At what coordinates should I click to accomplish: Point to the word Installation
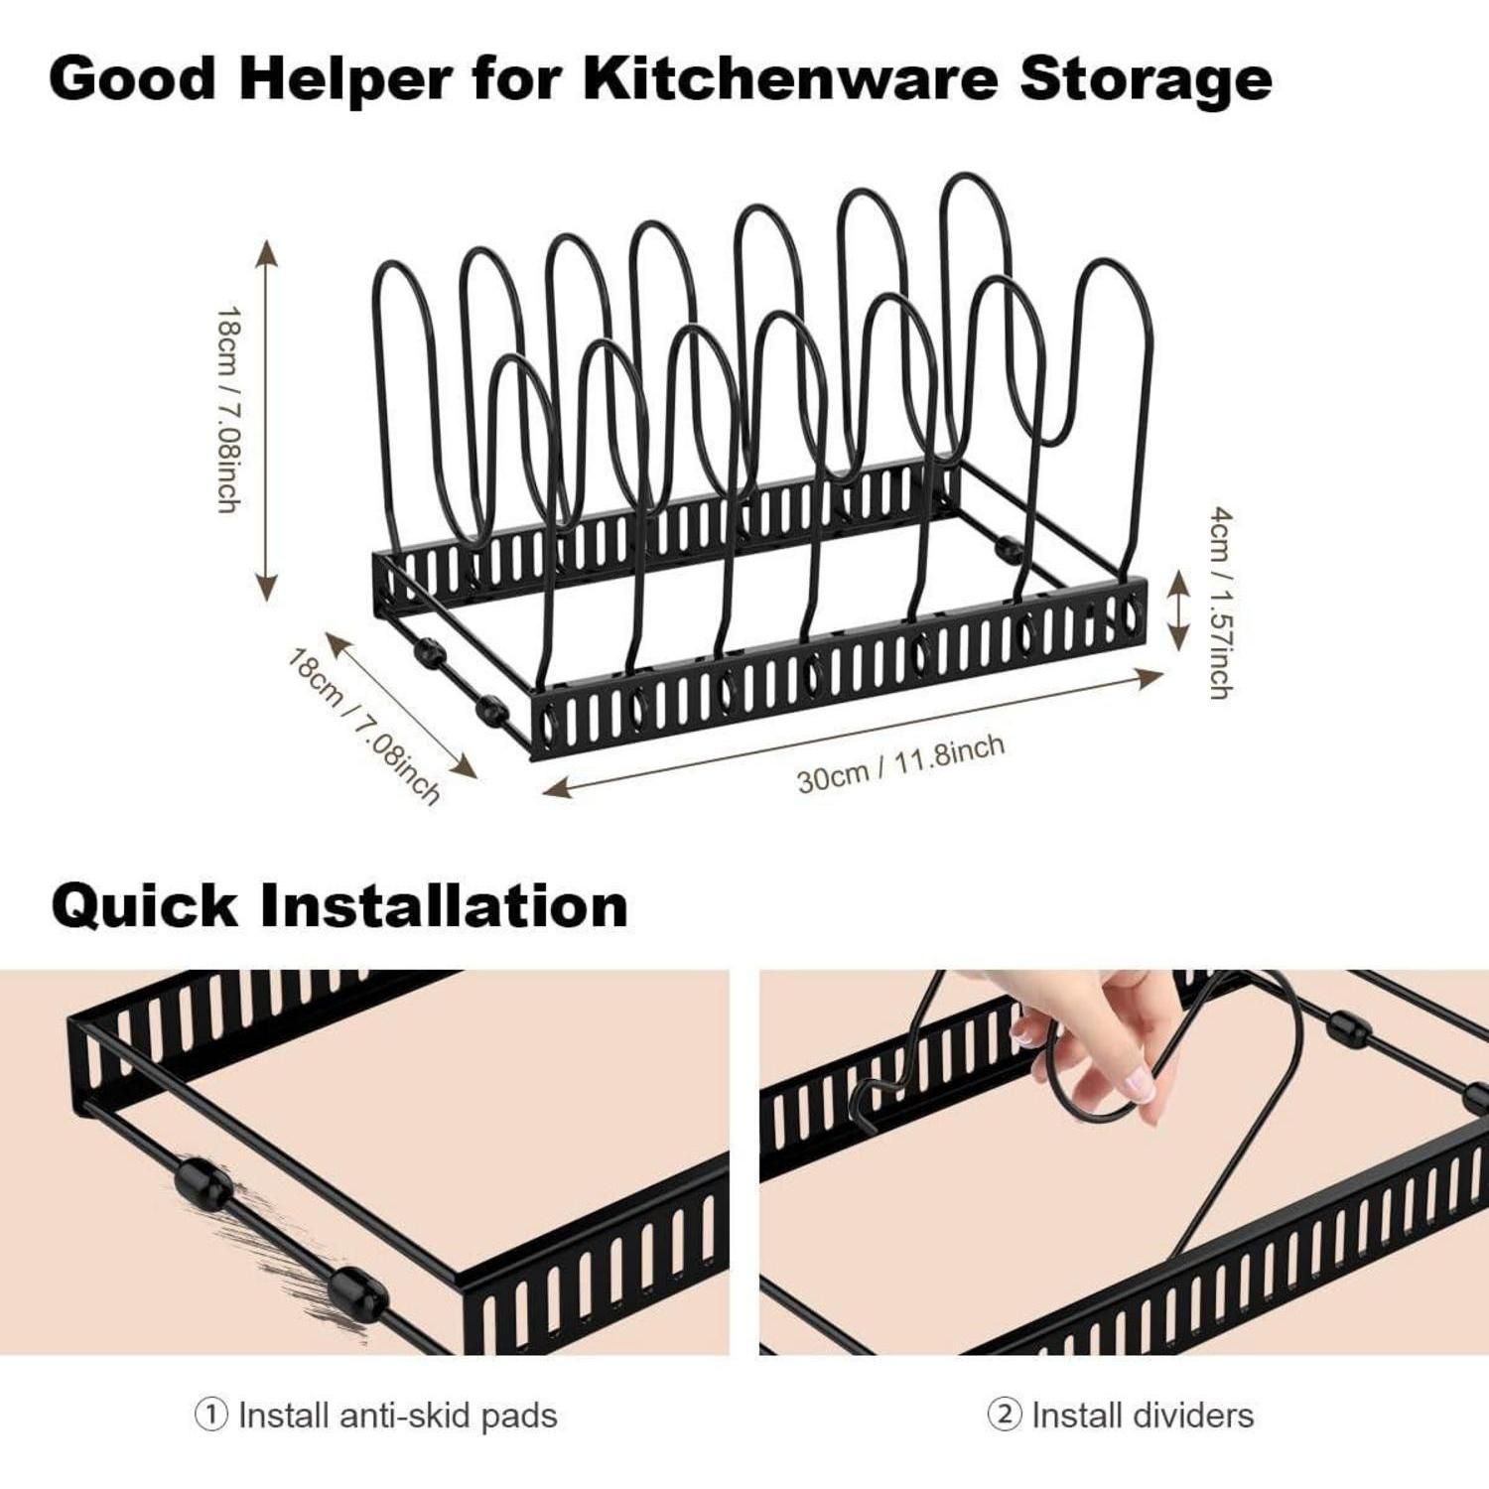(x=445, y=905)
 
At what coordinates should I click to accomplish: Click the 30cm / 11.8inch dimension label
(x=900, y=762)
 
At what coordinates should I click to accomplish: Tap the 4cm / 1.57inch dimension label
(x=1221, y=603)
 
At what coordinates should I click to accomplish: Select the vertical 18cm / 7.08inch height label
(x=228, y=409)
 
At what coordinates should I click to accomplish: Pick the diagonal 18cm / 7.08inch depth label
(x=363, y=726)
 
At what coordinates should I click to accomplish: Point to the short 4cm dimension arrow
(x=1177, y=609)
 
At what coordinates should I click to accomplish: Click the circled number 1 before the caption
(x=210, y=1415)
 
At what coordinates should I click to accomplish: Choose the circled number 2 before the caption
(x=1004, y=1415)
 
